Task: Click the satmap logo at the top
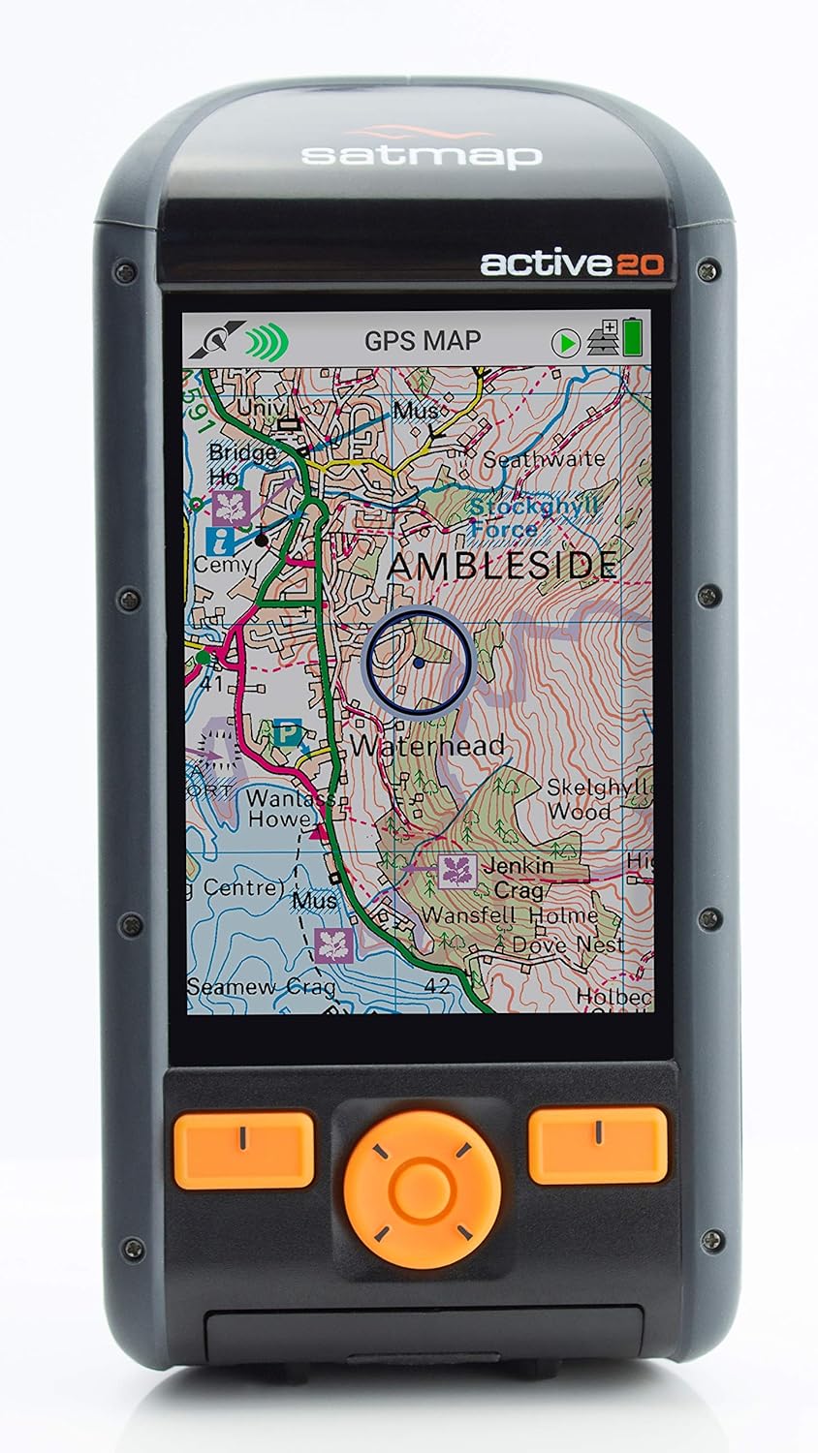click(420, 152)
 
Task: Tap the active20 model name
click(572, 263)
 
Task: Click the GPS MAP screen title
click(423, 341)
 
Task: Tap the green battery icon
click(634, 337)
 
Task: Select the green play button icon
click(566, 342)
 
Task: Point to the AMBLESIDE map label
click(501, 566)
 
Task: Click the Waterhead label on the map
click(427, 745)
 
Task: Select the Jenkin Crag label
click(519, 877)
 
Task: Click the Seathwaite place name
click(543, 459)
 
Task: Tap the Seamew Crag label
click(261, 987)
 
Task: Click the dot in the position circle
click(418, 663)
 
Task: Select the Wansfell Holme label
click(510, 915)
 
